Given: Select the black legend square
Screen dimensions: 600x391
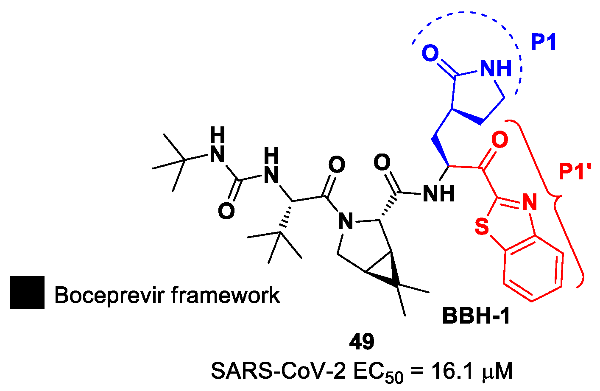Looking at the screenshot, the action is click(27, 292).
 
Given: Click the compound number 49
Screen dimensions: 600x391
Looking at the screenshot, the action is click(362, 342).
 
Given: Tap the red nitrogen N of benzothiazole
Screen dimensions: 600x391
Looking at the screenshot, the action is click(529, 203).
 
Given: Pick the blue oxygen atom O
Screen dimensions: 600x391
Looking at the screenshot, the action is click(430, 54).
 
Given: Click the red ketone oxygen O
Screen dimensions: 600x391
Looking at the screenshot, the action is click(500, 140).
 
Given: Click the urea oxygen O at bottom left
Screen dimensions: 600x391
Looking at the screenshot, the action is click(226, 211).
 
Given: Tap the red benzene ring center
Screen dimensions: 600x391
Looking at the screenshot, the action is click(533, 268).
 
